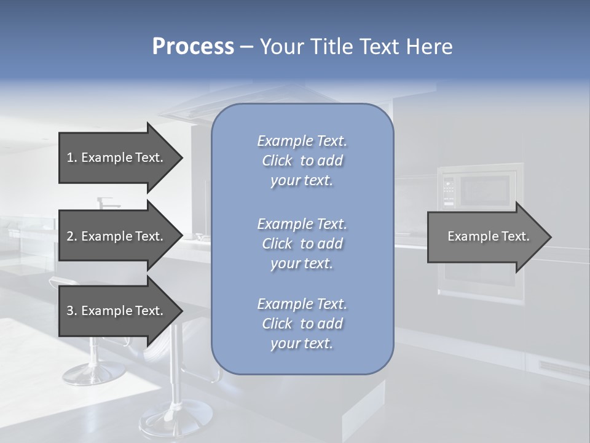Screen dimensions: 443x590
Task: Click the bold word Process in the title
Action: point(193,47)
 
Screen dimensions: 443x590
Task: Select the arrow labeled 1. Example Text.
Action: point(115,158)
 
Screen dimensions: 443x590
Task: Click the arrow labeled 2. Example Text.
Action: point(115,236)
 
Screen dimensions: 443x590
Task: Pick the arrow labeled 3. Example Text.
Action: point(115,311)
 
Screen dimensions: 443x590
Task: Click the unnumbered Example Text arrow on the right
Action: point(488,236)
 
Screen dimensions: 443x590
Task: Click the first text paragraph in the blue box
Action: point(302,161)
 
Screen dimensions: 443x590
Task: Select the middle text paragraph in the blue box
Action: point(302,244)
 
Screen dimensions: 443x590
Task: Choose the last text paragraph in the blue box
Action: point(302,324)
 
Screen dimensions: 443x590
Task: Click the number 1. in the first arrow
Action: point(72,158)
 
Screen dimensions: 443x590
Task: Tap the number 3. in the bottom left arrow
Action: point(72,311)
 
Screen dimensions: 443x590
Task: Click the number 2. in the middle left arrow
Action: point(72,236)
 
